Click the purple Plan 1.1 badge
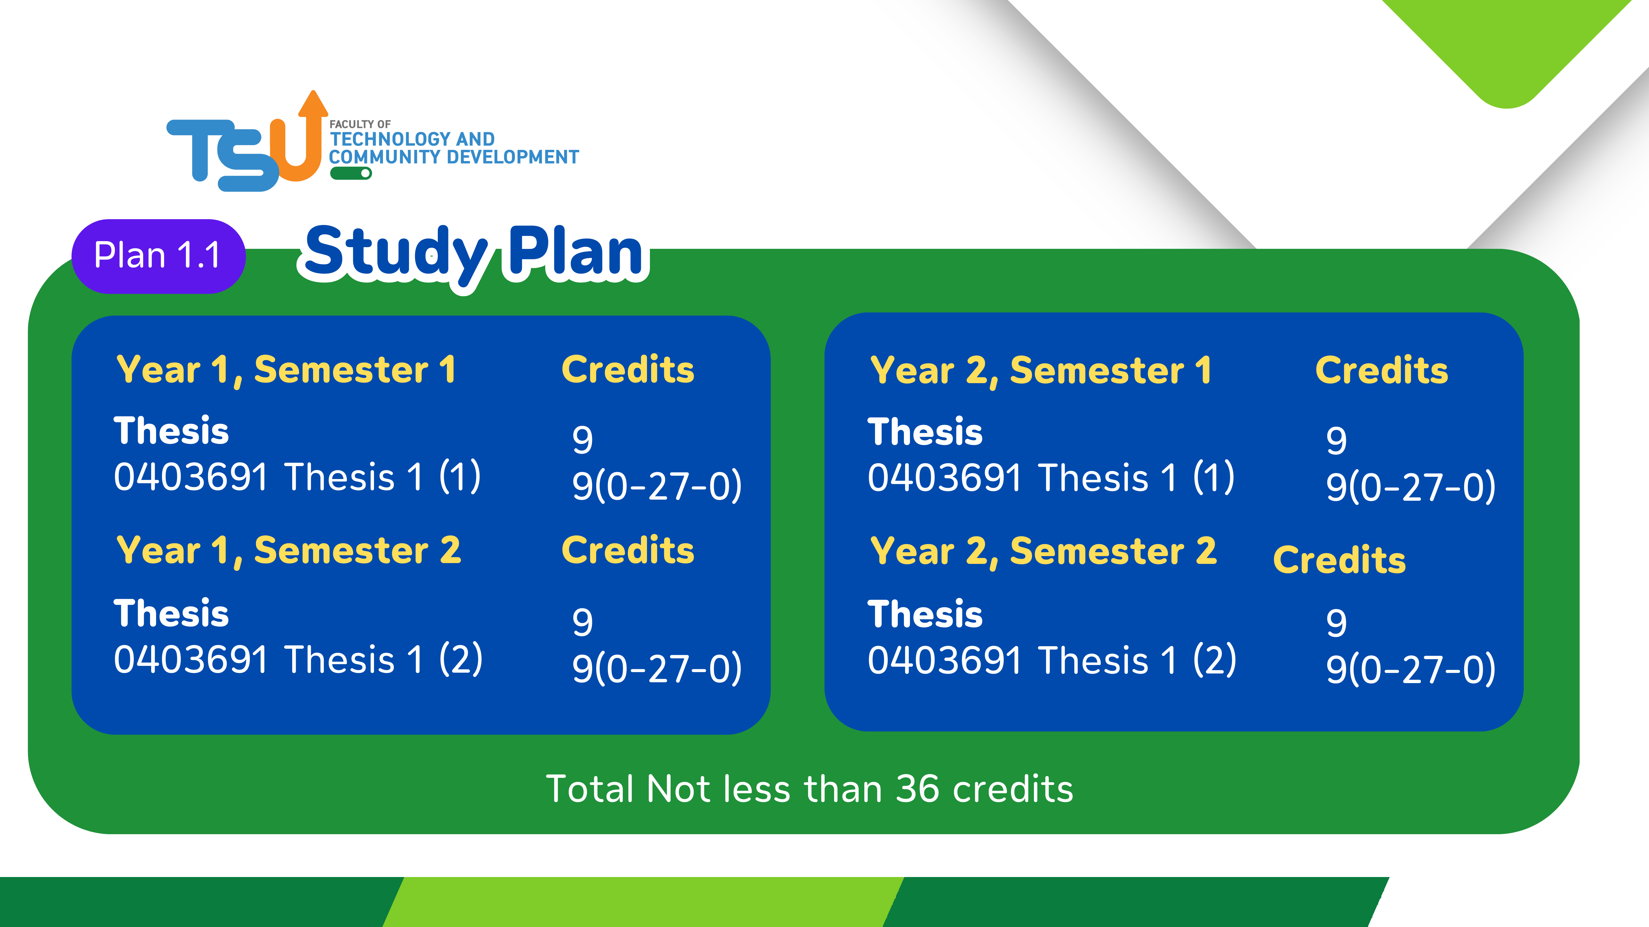coord(158,256)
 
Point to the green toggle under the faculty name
coord(351,173)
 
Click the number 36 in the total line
coord(917,789)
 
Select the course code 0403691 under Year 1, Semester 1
coord(191,477)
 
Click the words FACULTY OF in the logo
coord(360,124)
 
